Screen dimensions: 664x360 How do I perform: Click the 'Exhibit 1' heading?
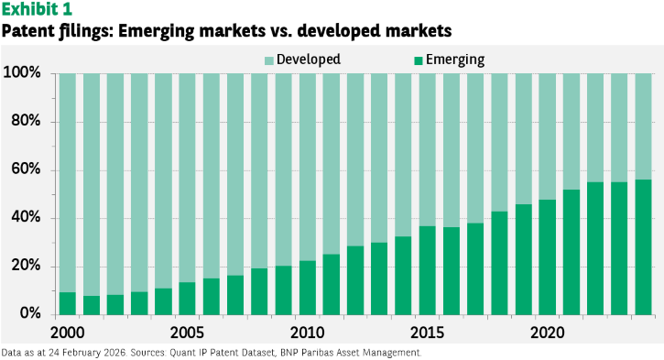[37, 9]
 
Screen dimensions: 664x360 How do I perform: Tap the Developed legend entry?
[302, 60]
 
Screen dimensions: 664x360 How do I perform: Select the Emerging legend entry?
[450, 60]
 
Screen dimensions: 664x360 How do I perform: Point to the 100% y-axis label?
[22, 72]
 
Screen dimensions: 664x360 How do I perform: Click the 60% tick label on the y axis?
[26, 169]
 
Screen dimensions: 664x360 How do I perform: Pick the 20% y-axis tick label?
[26, 266]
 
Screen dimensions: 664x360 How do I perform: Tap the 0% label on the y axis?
[30, 313]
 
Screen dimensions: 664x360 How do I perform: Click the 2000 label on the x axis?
[68, 333]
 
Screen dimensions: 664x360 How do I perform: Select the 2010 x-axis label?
[308, 333]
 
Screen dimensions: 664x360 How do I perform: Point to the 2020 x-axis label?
[547, 333]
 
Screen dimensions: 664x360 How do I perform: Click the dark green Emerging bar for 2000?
[68, 304]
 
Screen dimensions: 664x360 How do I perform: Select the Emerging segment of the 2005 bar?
[187, 299]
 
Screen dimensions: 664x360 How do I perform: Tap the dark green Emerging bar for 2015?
[428, 270]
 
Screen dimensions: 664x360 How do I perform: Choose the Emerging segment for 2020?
[547, 257]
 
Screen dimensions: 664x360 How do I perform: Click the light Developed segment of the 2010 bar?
[308, 167]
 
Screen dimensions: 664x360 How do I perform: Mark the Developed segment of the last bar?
[643, 126]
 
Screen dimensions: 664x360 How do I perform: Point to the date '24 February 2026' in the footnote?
[87, 353]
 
